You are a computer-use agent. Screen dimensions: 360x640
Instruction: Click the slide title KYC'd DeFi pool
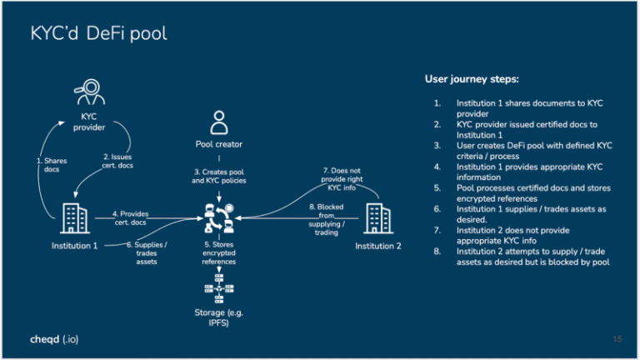coord(99,34)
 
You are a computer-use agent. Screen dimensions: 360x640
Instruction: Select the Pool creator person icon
coord(219,122)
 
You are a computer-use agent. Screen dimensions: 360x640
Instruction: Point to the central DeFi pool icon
coord(219,219)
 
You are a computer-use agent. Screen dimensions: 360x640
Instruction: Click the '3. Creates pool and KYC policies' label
coord(219,176)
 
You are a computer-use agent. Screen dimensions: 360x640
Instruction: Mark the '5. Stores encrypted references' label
coord(219,253)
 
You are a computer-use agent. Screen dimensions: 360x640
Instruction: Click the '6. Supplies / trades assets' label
coord(147,250)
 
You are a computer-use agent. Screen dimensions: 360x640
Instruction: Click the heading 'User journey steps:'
coord(472,80)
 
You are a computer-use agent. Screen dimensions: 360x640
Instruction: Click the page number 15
coord(617,340)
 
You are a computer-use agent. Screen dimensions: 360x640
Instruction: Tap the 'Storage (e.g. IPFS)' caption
coord(219,318)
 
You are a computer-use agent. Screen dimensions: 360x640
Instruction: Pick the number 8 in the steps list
coord(437,251)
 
